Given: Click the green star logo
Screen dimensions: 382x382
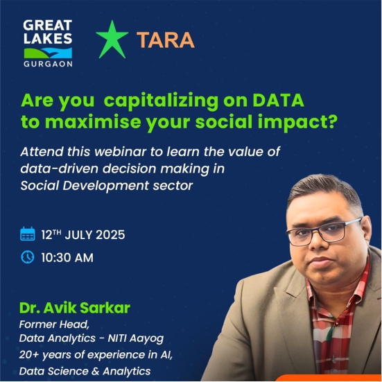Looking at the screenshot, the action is (x=112, y=40).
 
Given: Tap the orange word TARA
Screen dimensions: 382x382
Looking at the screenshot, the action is (x=166, y=40).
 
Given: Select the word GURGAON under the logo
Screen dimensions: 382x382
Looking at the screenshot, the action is (x=48, y=64).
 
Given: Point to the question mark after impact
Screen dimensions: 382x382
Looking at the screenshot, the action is (x=331, y=121).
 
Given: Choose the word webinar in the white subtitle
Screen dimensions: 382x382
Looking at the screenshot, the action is (x=121, y=152).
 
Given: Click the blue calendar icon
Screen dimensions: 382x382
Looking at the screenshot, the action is (x=27, y=234).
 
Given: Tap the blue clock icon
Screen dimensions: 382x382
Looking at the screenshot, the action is (x=28, y=257).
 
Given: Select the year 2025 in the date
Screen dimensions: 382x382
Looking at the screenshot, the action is (x=110, y=235).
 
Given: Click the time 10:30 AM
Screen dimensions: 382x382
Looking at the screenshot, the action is (x=67, y=258).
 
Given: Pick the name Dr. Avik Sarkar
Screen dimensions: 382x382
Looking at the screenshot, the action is (x=75, y=308).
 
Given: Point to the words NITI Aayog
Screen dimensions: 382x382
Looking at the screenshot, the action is (x=136, y=338).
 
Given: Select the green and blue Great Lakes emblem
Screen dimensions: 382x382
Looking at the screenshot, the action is (x=48, y=53).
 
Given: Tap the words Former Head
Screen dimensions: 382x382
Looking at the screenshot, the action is (x=54, y=324).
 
